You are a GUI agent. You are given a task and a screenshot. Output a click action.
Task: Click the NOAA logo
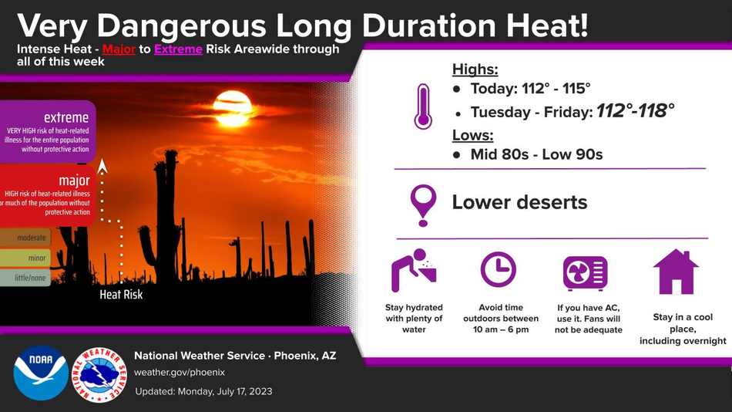(x=41, y=373)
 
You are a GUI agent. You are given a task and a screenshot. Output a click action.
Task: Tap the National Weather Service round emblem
(x=99, y=375)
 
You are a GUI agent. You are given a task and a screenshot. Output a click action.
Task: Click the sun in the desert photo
(x=233, y=109)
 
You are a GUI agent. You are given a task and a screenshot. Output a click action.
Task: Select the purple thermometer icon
(x=423, y=106)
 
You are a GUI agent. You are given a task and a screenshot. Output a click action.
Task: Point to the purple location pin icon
(x=423, y=204)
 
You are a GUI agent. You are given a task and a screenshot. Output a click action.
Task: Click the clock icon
(x=499, y=269)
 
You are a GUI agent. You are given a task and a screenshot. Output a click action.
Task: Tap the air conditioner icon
(x=586, y=273)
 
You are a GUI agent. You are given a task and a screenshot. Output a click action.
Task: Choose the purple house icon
(x=676, y=272)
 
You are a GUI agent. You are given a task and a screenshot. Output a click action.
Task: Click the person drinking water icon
(x=414, y=270)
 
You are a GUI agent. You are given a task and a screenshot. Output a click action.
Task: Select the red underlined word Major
(x=119, y=49)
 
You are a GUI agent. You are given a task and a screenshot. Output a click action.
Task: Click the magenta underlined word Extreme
(x=178, y=49)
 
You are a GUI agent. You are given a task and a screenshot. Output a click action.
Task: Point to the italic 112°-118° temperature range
(x=636, y=111)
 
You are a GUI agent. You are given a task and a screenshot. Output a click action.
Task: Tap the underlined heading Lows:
(x=473, y=135)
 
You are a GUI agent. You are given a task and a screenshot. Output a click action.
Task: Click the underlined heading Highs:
(x=475, y=69)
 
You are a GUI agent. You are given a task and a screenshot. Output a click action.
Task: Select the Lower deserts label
(x=519, y=202)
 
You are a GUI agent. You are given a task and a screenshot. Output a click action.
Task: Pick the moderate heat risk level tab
(x=25, y=238)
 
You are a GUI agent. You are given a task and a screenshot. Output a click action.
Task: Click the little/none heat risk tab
(x=25, y=278)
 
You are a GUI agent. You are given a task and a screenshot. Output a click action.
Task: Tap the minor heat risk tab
(x=25, y=258)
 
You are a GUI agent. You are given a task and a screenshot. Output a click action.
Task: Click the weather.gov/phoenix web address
(x=180, y=373)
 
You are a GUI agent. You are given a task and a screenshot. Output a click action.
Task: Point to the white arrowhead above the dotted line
(x=102, y=166)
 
